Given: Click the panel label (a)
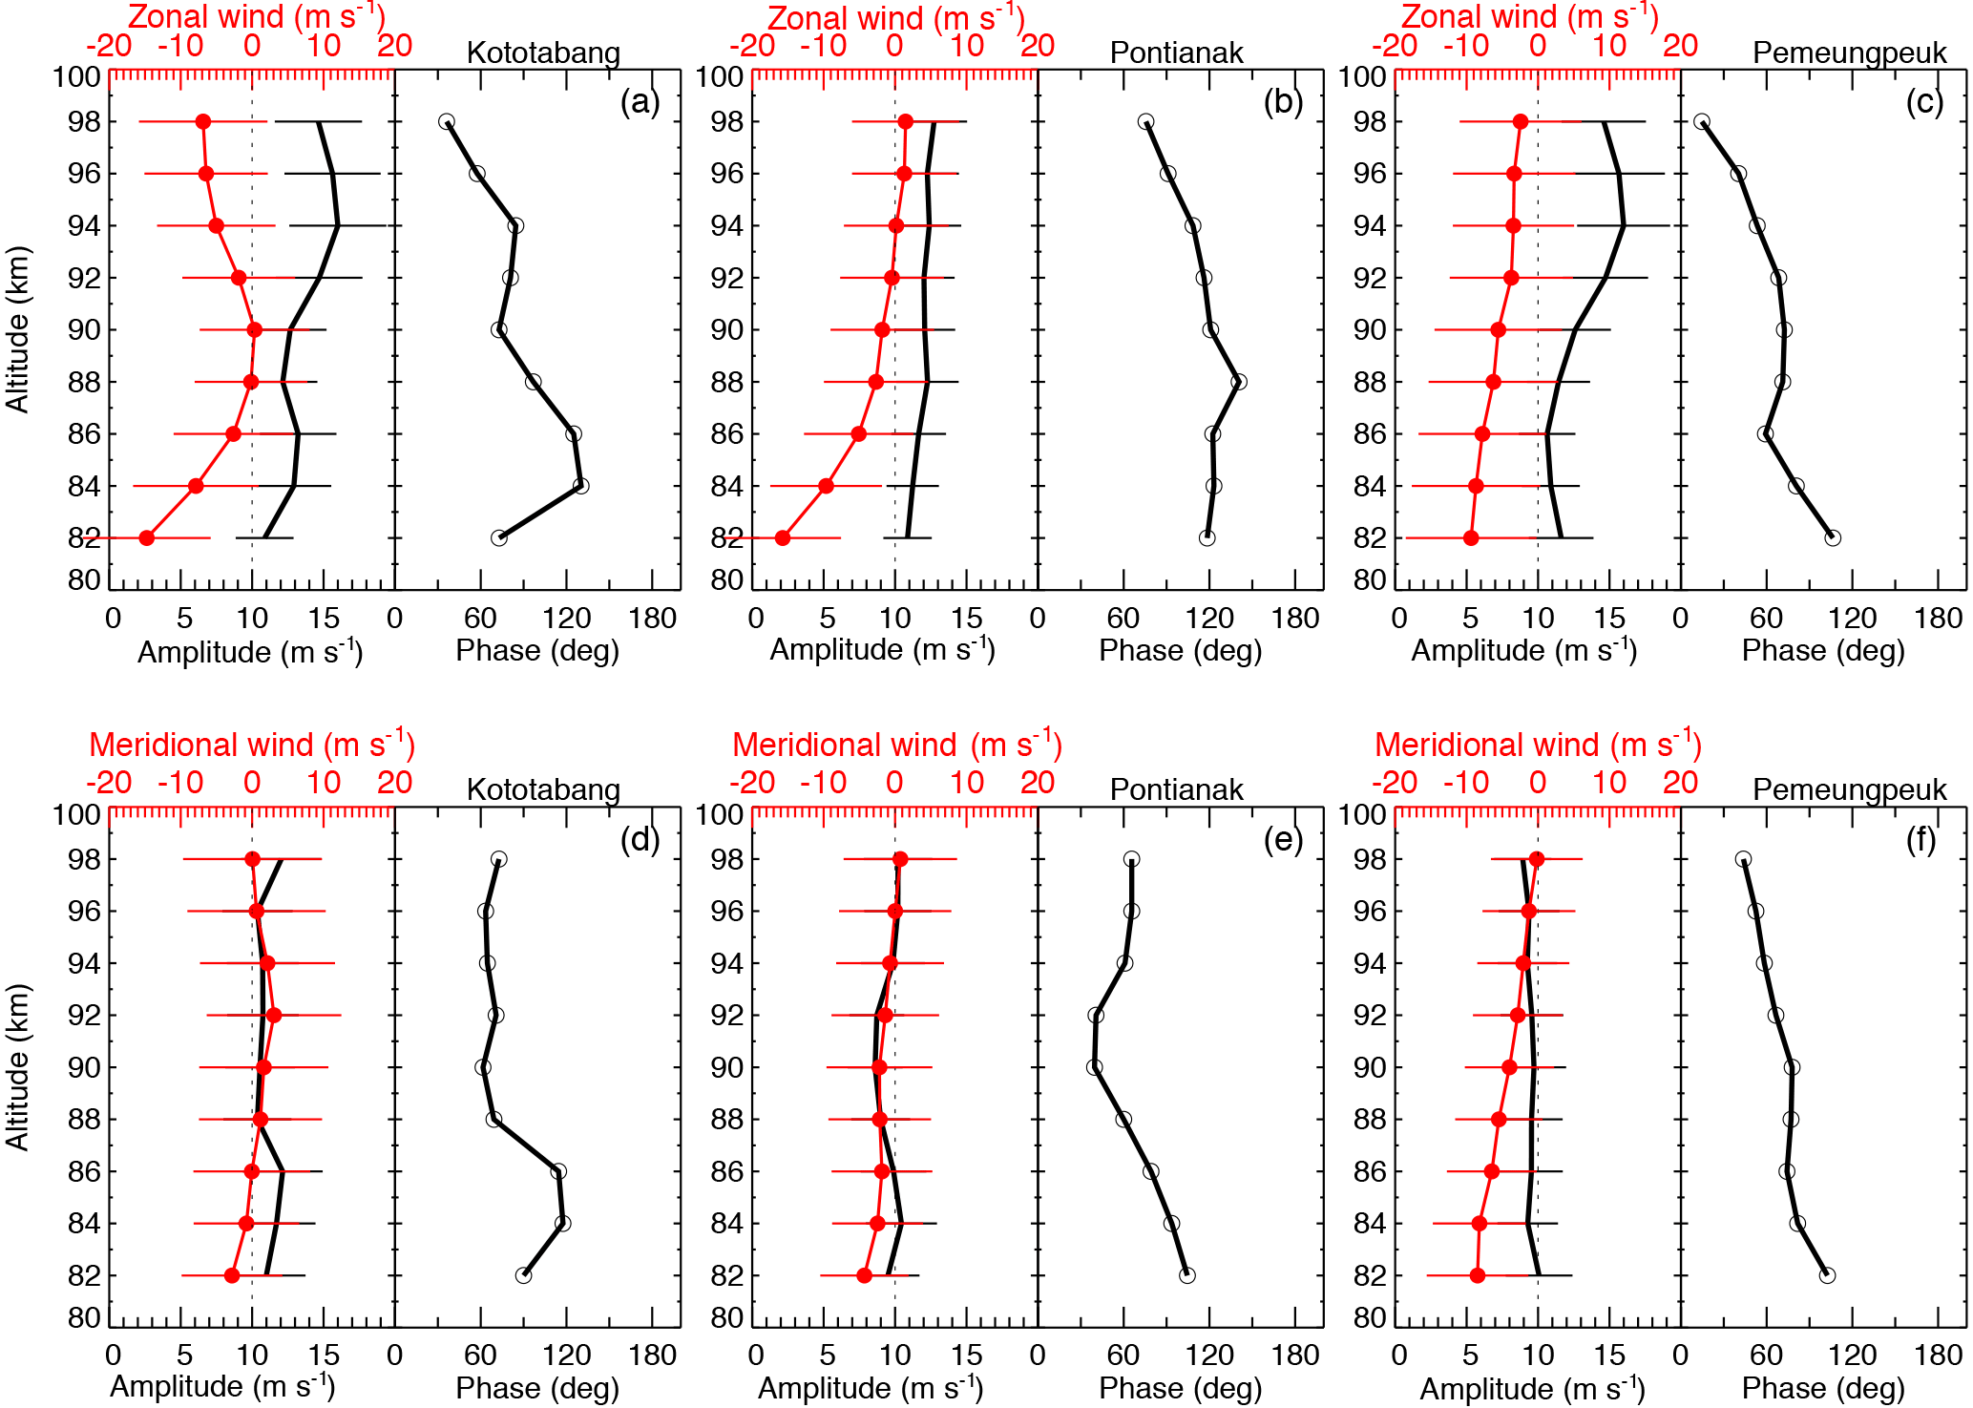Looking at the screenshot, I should (x=640, y=101).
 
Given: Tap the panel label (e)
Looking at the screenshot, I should (x=1283, y=839).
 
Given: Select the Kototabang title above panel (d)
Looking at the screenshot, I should (x=543, y=789).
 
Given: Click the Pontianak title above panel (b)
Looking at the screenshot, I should (x=1176, y=53).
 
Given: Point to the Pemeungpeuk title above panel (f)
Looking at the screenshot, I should (x=1849, y=789).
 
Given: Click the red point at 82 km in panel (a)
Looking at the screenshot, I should (x=147, y=538).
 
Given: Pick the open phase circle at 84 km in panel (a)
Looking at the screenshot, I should (x=580, y=486).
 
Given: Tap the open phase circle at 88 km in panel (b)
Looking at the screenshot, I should (x=1239, y=382).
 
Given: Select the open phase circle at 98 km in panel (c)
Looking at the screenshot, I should (x=1701, y=122).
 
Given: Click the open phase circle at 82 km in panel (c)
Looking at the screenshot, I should (x=1833, y=538).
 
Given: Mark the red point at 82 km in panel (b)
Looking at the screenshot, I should (x=783, y=538).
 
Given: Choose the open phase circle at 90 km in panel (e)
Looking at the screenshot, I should (x=1094, y=1067).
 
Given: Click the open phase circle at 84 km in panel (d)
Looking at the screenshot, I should (x=562, y=1223).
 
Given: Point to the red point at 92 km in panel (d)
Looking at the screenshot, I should (x=274, y=1015).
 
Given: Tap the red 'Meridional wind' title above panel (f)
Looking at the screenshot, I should (x=1538, y=745).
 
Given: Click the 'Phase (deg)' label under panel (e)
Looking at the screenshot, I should (x=1180, y=1387).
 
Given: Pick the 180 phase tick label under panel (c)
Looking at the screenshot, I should (x=1938, y=619).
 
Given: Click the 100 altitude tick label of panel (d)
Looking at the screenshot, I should (x=77, y=814).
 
